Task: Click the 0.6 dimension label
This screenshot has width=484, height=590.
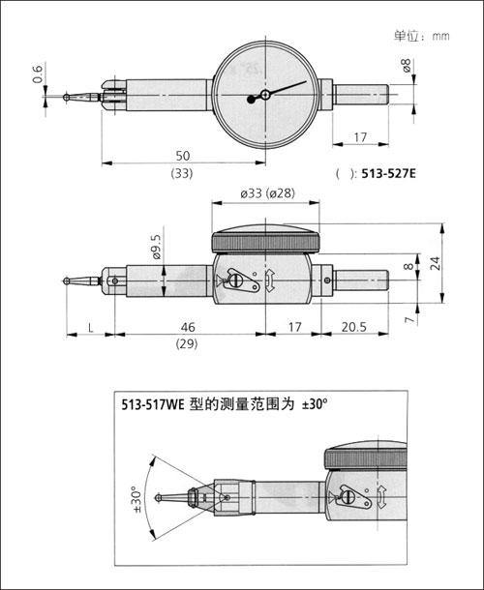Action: (x=38, y=74)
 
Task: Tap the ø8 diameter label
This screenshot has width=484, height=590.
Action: (x=407, y=66)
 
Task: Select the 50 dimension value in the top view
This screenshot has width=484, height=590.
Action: (x=183, y=156)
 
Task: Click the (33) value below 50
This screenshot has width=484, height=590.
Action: (x=182, y=173)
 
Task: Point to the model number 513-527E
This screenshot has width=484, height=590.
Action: (x=389, y=173)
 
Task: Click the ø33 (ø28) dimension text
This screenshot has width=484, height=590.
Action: (x=268, y=193)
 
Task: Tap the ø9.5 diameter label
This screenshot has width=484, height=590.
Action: (x=156, y=248)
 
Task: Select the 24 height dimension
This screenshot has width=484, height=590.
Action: (x=435, y=263)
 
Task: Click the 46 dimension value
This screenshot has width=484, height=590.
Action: (x=188, y=327)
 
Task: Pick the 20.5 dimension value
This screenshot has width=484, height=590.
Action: (x=354, y=327)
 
